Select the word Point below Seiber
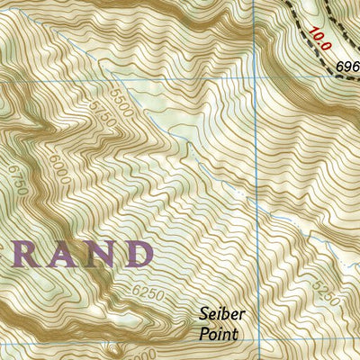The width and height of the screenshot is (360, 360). click(220, 334)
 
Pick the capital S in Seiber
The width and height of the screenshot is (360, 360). click(203, 316)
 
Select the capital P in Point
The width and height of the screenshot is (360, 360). click(203, 334)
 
